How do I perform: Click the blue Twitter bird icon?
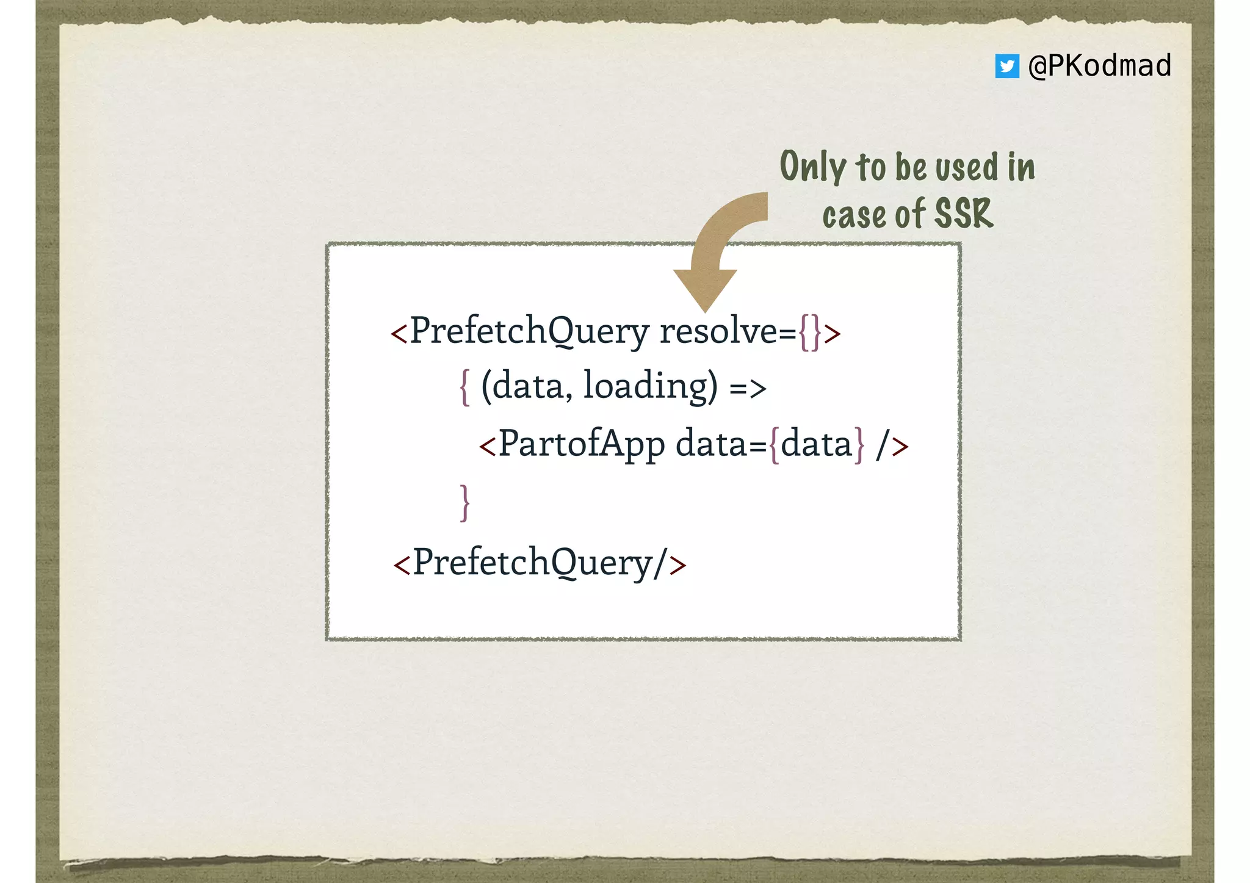tap(1006, 66)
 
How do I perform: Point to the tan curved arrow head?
tap(705, 289)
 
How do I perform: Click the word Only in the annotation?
tap(813, 166)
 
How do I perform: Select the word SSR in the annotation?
tap(964, 214)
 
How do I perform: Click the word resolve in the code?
tap(718, 331)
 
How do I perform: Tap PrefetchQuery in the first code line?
tap(529, 331)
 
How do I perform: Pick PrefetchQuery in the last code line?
tap(532, 563)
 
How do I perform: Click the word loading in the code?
tap(650, 386)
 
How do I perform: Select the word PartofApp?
tap(582, 444)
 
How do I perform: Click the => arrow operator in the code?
tap(748, 388)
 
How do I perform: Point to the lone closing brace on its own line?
tap(464, 502)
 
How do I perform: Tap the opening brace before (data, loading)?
tap(464, 387)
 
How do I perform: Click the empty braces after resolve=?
tap(809, 333)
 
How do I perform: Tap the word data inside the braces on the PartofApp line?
tap(816, 444)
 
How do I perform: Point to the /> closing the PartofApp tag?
tap(892, 445)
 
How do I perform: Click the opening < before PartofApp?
tap(487, 445)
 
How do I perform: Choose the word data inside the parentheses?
tap(528, 386)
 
